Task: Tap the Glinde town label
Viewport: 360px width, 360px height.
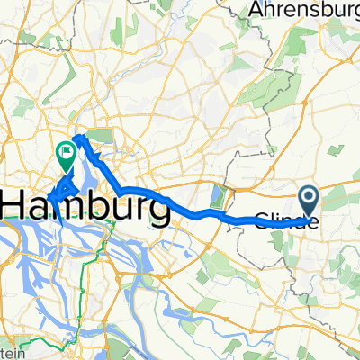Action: [x=286, y=220]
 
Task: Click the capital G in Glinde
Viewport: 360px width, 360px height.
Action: [x=262, y=220]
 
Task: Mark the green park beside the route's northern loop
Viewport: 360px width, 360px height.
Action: [x=97, y=137]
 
